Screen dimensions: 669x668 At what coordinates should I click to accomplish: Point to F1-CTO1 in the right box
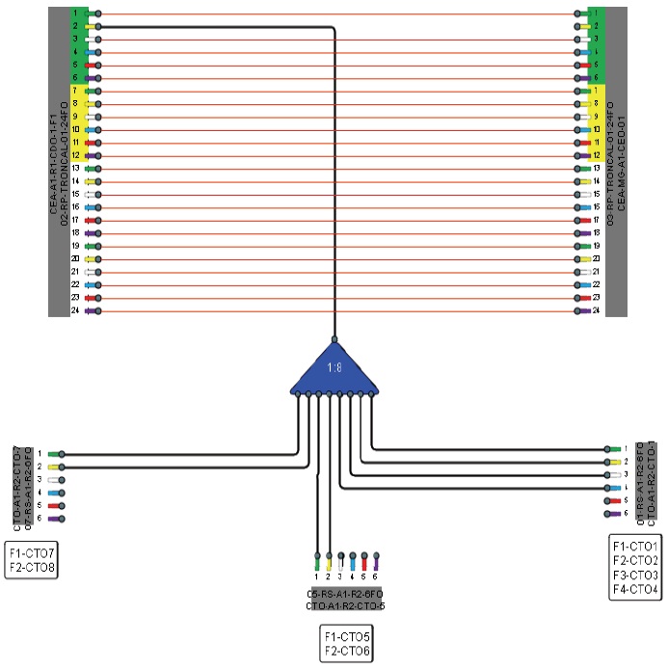(x=634, y=547)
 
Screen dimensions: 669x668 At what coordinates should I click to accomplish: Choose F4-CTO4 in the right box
(x=634, y=589)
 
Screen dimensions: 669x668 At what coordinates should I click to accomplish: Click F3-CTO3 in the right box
(x=634, y=575)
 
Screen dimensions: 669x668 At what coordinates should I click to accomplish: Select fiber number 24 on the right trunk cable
(x=598, y=311)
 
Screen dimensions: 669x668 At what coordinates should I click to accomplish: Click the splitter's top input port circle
(x=334, y=339)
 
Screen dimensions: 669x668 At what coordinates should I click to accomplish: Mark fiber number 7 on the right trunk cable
(x=598, y=91)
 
